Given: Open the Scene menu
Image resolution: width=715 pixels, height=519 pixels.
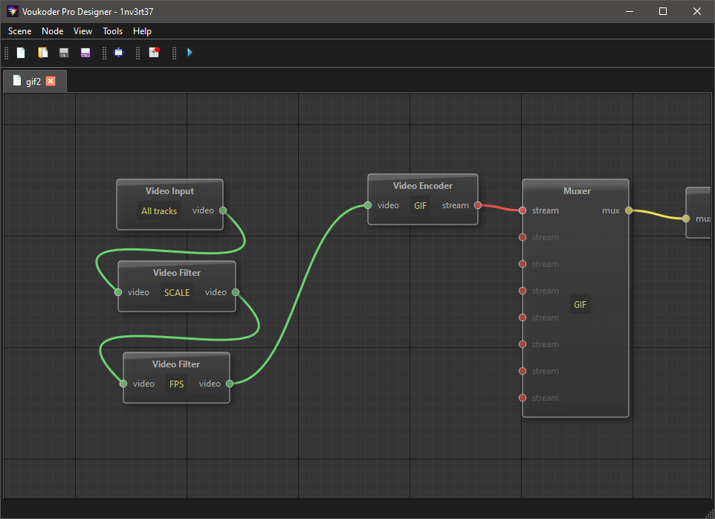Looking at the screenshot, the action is pyautogui.click(x=19, y=31).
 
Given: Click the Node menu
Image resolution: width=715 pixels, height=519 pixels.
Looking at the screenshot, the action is pyautogui.click(x=53, y=31).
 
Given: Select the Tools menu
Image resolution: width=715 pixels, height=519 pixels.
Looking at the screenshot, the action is pyautogui.click(x=113, y=31).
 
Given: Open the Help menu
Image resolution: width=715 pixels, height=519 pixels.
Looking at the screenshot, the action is pyautogui.click(x=142, y=31).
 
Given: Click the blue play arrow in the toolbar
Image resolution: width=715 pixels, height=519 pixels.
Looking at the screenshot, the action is pyautogui.click(x=190, y=53).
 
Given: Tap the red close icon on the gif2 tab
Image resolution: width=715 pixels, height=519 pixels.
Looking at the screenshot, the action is pyautogui.click(x=51, y=81).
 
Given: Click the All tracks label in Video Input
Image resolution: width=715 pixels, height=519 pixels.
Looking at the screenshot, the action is pyautogui.click(x=159, y=211).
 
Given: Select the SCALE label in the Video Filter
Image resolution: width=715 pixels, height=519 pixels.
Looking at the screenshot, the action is pyautogui.click(x=177, y=293).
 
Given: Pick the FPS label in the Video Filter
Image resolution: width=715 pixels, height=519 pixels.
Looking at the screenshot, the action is pyautogui.click(x=176, y=384).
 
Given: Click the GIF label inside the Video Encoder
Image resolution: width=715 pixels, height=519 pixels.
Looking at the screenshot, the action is pyautogui.click(x=421, y=206).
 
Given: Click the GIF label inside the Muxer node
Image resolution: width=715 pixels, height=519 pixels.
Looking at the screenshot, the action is pyautogui.click(x=580, y=305).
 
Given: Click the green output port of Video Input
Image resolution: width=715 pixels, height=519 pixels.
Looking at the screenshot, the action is pyautogui.click(x=223, y=210).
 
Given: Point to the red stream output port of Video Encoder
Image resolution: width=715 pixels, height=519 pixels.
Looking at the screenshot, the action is pyautogui.click(x=478, y=205).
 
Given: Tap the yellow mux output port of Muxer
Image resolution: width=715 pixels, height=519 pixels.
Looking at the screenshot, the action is pyautogui.click(x=628, y=210).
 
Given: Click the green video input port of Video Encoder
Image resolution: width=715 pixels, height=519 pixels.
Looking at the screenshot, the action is pyautogui.click(x=368, y=205).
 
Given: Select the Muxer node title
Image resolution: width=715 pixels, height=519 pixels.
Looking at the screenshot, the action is pyautogui.click(x=577, y=191).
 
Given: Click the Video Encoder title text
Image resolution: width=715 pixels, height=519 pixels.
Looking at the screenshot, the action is pyautogui.click(x=423, y=186).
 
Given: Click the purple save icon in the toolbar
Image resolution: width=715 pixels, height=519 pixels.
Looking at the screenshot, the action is pyautogui.click(x=85, y=53).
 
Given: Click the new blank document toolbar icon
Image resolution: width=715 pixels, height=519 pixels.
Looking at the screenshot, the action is pyautogui.click(x=21, y=53).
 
